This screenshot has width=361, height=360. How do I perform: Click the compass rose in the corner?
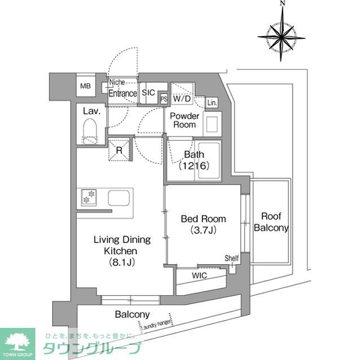click(281, 36)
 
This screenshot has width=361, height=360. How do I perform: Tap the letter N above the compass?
click(281, 5)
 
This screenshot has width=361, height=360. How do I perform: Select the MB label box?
click(85, 86)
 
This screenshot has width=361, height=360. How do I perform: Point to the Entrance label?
click(122, 94)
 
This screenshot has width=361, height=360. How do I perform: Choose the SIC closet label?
click(148, 93)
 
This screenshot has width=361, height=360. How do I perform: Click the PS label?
click(164, 99)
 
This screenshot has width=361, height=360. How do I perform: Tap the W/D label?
click(182, 99)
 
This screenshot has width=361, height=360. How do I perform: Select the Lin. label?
click(212, 103)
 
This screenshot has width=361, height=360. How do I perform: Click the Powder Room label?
click(184, 120)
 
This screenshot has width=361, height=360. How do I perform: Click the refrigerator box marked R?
click(120, 150)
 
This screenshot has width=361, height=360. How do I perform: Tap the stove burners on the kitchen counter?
click(89, 197)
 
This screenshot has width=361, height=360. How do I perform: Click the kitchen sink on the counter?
click(120, 198)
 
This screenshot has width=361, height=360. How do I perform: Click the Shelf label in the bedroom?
click(232, 258)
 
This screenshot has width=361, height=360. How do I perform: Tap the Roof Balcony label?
click(271, 222)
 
